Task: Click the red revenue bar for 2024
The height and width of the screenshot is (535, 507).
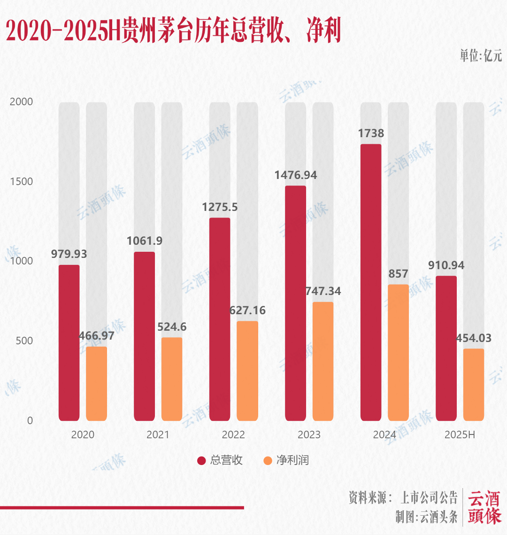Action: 370,282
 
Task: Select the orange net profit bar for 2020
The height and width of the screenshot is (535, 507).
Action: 96,383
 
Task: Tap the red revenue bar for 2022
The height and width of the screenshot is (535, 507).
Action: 220,319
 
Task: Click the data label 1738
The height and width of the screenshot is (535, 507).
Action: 371,133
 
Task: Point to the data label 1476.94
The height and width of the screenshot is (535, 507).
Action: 296,175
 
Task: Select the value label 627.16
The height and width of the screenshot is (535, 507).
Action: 247,310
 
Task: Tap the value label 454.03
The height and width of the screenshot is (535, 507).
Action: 474,338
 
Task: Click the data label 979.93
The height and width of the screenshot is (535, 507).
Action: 69,254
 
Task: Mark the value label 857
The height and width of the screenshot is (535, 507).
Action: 398,274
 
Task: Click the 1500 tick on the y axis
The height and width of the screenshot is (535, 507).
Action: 22,182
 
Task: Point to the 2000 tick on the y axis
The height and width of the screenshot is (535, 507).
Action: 22,102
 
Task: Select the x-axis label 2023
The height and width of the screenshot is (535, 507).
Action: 309,435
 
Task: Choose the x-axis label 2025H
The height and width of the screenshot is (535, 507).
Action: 460,435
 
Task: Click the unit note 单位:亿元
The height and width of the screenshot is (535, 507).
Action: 480,56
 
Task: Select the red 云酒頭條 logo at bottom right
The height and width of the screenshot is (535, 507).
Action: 484,507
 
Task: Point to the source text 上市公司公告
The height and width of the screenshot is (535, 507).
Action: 429,497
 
